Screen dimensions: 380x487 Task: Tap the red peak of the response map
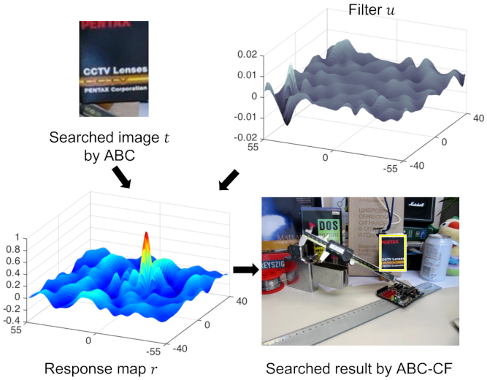[146, 241]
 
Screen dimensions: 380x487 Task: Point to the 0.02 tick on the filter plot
[248, 55]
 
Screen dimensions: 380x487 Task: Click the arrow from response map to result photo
[245, 270]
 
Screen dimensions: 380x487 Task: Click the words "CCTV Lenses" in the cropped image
[115, 72]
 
